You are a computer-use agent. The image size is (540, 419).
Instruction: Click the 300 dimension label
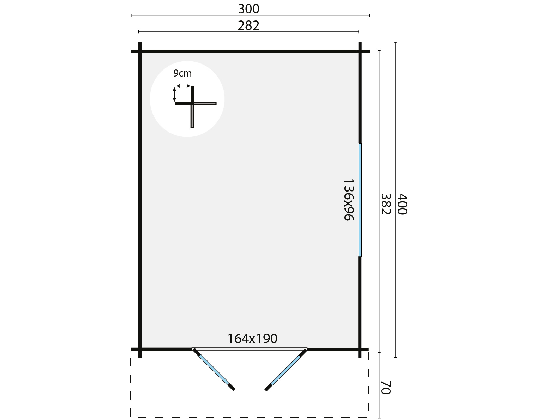click(x=248, y=9)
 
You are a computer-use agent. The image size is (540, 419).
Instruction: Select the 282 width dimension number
click(x=248, y=26)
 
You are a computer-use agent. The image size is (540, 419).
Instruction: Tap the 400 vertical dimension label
click(x=402, y=204)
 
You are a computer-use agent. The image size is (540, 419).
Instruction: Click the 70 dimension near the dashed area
click(x=385, y=387)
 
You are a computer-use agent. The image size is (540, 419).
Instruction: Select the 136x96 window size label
click(x=348, y=200)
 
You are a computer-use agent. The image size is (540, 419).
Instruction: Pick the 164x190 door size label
click(x=252, y=339)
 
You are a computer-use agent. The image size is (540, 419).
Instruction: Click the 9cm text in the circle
click(x=182, y=73)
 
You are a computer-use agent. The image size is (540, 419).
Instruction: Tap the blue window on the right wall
click(x=360, y=200)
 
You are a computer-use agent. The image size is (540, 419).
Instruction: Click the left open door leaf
click(x=214, y=370)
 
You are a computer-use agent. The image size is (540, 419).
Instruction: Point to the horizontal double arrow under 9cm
click(x=183, y=86)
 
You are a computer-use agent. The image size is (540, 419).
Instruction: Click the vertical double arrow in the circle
click(x=174, y=95)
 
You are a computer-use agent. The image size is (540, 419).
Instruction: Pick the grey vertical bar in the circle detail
click(x=192, y=116)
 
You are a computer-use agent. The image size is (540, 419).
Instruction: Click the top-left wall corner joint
click(x=140, y=51)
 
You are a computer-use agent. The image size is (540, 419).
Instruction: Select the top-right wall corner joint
click(x=360, y=51)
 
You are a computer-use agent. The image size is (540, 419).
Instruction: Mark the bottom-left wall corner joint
click(x=140, y=350)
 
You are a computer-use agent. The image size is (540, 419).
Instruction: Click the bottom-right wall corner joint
click(x=360, y=350)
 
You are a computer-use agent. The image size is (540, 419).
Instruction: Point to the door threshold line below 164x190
click(x=250, y=349)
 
